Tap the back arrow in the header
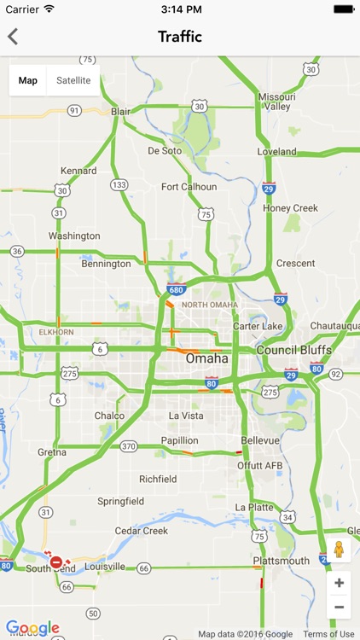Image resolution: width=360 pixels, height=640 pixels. tap(13, 37)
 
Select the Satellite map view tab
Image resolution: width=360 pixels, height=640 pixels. tap(73, 81)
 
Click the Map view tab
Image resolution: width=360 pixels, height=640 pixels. tap(28, 81)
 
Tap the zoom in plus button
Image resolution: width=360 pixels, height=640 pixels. tap(339, 583)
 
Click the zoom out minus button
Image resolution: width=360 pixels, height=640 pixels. tap(339, 607)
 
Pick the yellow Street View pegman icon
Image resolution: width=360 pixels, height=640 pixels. tap(339, 550)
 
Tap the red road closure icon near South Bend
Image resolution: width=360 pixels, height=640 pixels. tap(56, 562)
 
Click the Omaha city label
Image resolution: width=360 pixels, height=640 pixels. tap(207, 359)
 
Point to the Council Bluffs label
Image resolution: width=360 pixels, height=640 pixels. tap(294, 351)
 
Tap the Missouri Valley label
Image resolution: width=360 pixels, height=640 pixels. tap(276, 102)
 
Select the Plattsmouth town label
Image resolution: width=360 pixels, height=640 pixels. tap(281, 561)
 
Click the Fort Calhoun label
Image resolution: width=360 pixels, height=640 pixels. tap(189, 187)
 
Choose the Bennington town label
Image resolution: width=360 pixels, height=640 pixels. tap(106, 265)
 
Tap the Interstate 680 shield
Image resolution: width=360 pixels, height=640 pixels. tap(176, 289)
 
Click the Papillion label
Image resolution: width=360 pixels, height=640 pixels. tap(180, 441)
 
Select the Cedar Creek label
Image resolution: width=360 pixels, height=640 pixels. tap(142, 531)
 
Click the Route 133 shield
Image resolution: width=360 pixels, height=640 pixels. tap(119, 185)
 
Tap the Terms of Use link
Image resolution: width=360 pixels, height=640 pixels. tap(328, 634)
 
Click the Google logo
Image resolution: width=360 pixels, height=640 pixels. tap(32, 629)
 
